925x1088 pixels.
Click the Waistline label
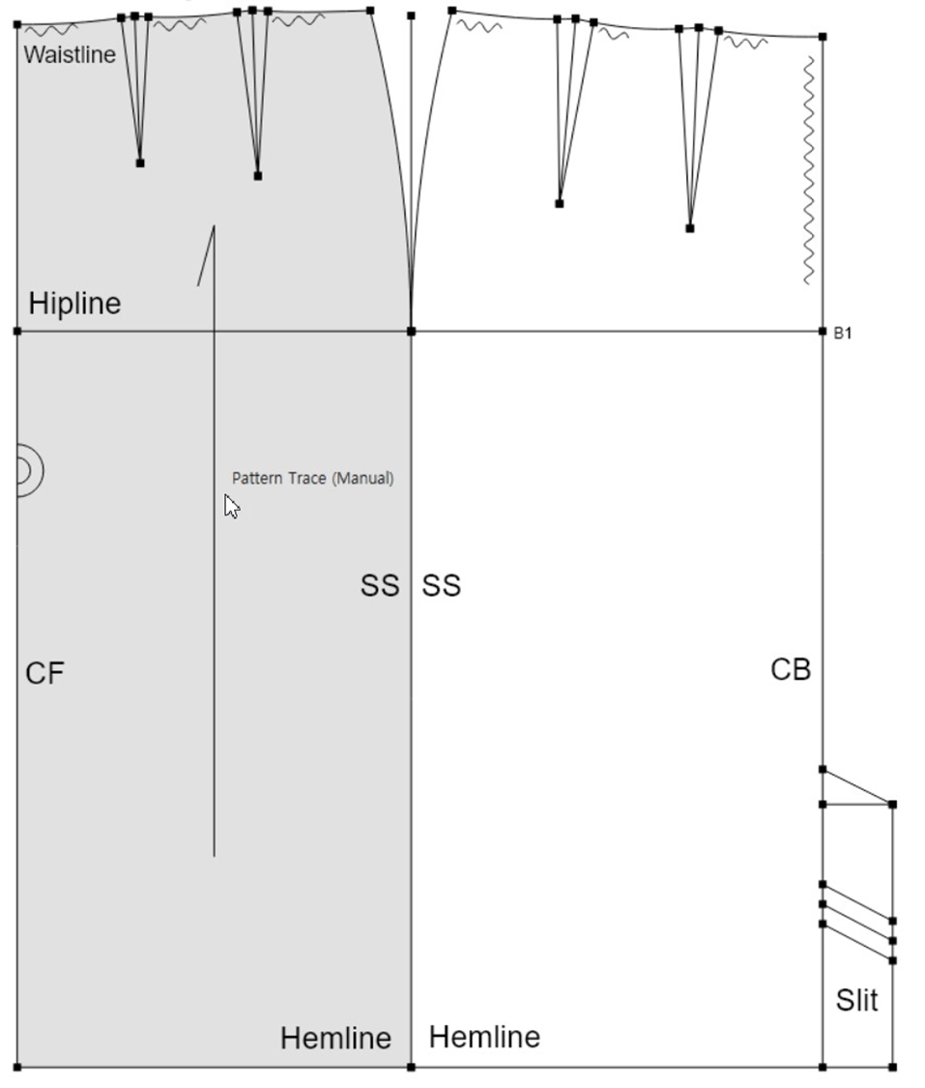point(70,54)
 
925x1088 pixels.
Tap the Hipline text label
point(74,304)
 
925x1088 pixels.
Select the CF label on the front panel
point(44,673)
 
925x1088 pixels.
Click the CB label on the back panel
point(791,669)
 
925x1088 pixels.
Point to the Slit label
point(857,1000)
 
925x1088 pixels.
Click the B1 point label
point(843,333)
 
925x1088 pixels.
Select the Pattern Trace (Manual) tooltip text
point(313,478)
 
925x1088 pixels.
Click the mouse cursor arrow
point(232,507)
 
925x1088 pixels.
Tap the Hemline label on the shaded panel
point(335,1038)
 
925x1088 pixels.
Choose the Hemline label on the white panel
point(484,1037)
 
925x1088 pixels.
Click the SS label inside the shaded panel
point(380,586)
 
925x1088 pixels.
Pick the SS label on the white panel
point(441,586)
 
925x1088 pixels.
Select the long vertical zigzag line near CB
point(809,170)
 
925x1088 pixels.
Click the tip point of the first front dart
point(140,163)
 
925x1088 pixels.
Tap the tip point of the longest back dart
point(690,228)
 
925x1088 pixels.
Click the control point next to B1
point(823,332)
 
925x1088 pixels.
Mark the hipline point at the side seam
point(411,332)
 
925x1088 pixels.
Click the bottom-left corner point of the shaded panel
point(17,1067)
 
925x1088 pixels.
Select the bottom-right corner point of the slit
point(892,1067)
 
